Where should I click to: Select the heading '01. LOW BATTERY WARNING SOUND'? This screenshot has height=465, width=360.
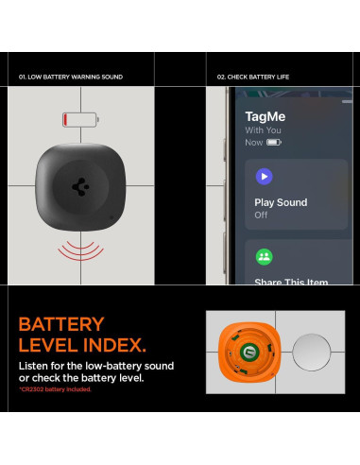71,77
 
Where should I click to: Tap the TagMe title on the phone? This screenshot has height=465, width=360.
265,115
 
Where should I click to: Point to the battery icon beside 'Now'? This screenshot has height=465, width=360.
274,142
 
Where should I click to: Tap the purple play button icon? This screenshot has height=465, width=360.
264,176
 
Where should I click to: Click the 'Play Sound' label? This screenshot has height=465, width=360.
280,202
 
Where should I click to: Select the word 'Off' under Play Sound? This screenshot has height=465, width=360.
261,215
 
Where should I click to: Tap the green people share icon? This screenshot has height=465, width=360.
264,255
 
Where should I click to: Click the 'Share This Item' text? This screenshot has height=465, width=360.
292,282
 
